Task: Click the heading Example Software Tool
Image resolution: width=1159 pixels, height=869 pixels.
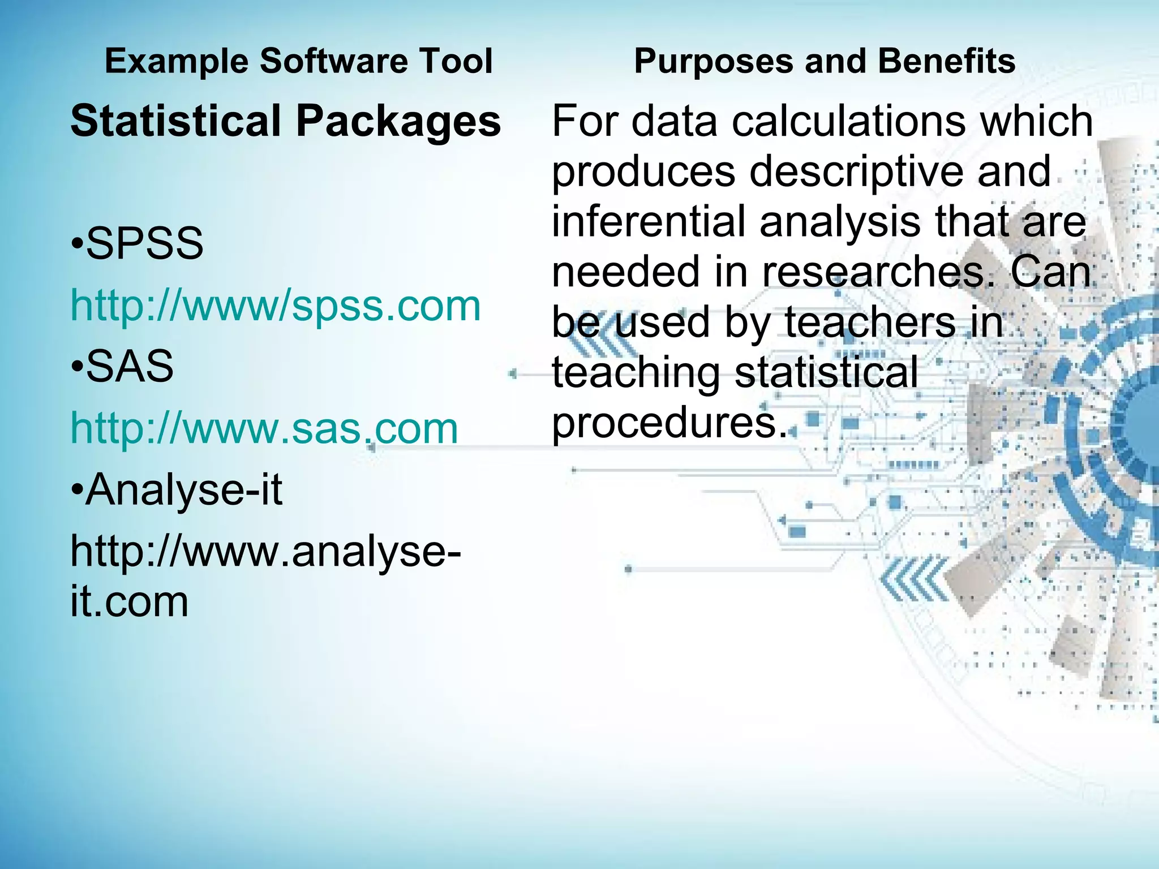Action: point(298,61)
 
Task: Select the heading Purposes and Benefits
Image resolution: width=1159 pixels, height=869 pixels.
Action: point(825,61)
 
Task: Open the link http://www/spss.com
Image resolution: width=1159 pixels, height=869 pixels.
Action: point(275,306)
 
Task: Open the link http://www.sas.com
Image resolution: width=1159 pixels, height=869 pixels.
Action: point(264,428)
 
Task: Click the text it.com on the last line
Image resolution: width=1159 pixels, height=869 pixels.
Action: point(129,601)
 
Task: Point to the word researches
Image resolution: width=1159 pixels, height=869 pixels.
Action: point(880,272)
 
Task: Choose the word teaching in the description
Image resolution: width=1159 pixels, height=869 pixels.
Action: point(636,373)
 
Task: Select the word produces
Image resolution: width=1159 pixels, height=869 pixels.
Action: point(643,172)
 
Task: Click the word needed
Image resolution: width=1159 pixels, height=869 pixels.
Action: point(626,272)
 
